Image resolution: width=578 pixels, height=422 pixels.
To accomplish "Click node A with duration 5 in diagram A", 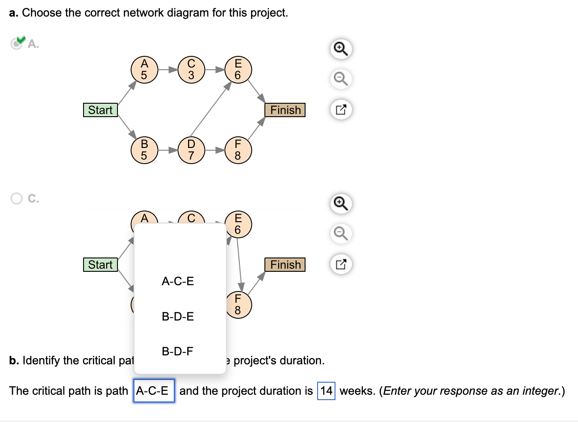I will tap(144, 70).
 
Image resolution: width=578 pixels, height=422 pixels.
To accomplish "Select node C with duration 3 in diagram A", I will tap(191, 70).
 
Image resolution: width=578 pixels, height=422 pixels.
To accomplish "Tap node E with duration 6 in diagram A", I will tap(238, 70).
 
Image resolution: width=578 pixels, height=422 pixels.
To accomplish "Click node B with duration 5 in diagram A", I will tap(144, 150).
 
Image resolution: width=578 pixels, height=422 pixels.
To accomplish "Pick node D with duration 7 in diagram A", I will tap(191, 150).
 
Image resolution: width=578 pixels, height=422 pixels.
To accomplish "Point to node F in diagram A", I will tap(238, 150).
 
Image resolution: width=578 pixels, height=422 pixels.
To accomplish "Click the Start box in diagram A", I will tap(101, 110).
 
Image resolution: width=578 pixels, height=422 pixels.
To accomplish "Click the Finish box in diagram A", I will tap(285, 110).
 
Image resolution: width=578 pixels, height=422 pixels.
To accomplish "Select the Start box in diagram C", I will tap(101, 265).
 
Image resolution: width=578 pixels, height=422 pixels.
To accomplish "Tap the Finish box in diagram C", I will tap(285, 265).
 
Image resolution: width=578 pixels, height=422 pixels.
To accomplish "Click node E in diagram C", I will tap(238, 224).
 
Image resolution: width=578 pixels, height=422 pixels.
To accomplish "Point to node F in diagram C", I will tap(238, 304).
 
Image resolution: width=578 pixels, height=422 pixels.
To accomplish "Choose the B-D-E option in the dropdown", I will tap(178, 316).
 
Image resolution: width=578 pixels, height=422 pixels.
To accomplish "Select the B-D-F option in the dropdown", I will tap(178, 351).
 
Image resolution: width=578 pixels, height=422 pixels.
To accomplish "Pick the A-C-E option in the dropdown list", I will tap(178, 281).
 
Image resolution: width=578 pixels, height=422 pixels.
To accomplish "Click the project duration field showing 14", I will tap(326, 391).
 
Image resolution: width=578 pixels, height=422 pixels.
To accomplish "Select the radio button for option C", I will tap(17, 198).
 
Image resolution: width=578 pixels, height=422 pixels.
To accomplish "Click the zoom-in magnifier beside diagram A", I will tap(340, 48).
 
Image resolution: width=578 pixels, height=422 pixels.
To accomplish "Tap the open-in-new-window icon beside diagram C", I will tap(340, 264).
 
